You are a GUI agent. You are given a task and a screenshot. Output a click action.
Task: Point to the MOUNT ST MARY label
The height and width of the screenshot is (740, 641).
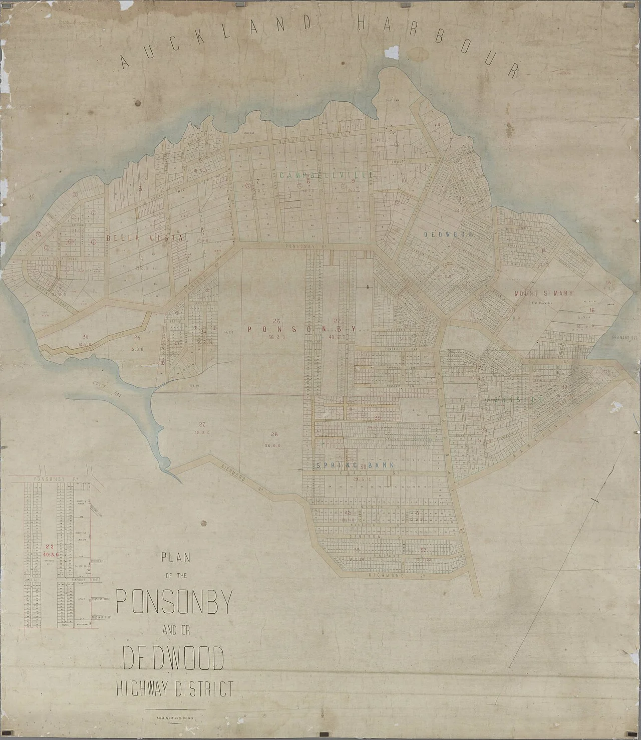tap(543, 293)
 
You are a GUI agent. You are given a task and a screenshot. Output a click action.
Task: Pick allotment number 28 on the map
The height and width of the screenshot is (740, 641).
tap(273, 434)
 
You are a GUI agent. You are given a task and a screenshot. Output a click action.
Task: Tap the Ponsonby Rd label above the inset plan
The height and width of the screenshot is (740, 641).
tap(50, 479)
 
